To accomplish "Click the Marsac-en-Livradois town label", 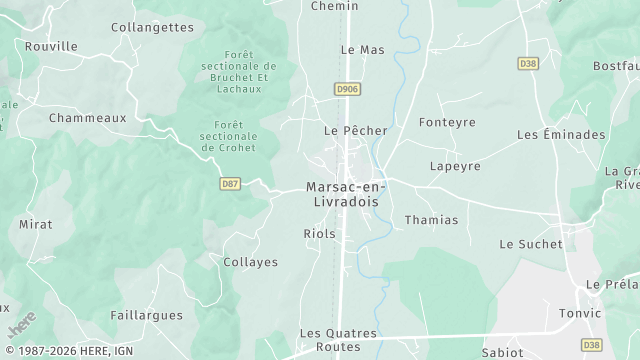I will point(349,194).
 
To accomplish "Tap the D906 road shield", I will point(347,90).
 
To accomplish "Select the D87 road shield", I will point(230,183).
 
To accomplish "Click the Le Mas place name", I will point(362,49).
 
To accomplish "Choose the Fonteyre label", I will point(447,123).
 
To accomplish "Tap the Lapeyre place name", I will point(455,166).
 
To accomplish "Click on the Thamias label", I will point(431,220).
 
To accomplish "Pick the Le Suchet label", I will point(531,244).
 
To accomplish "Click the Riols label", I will point(319,234).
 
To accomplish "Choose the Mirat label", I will point(35,224).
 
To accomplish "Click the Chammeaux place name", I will point(88,117).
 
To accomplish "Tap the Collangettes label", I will point(152,27).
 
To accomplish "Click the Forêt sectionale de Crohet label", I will point(228,136).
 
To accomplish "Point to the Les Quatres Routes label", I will point(339,340).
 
